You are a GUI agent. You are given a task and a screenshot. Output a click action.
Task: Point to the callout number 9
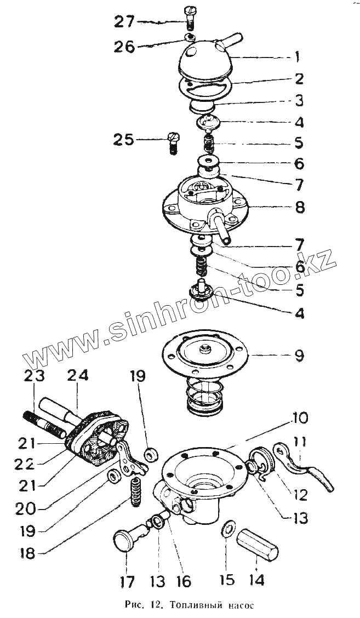coord(299,355)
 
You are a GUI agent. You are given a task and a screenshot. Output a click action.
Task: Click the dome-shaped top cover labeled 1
coord(205,60)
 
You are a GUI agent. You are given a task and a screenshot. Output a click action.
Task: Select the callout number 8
coord(299,208)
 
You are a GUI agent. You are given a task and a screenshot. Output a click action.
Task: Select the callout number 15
coord(227,579)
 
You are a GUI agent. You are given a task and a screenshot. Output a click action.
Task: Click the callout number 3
coord(299,100)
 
